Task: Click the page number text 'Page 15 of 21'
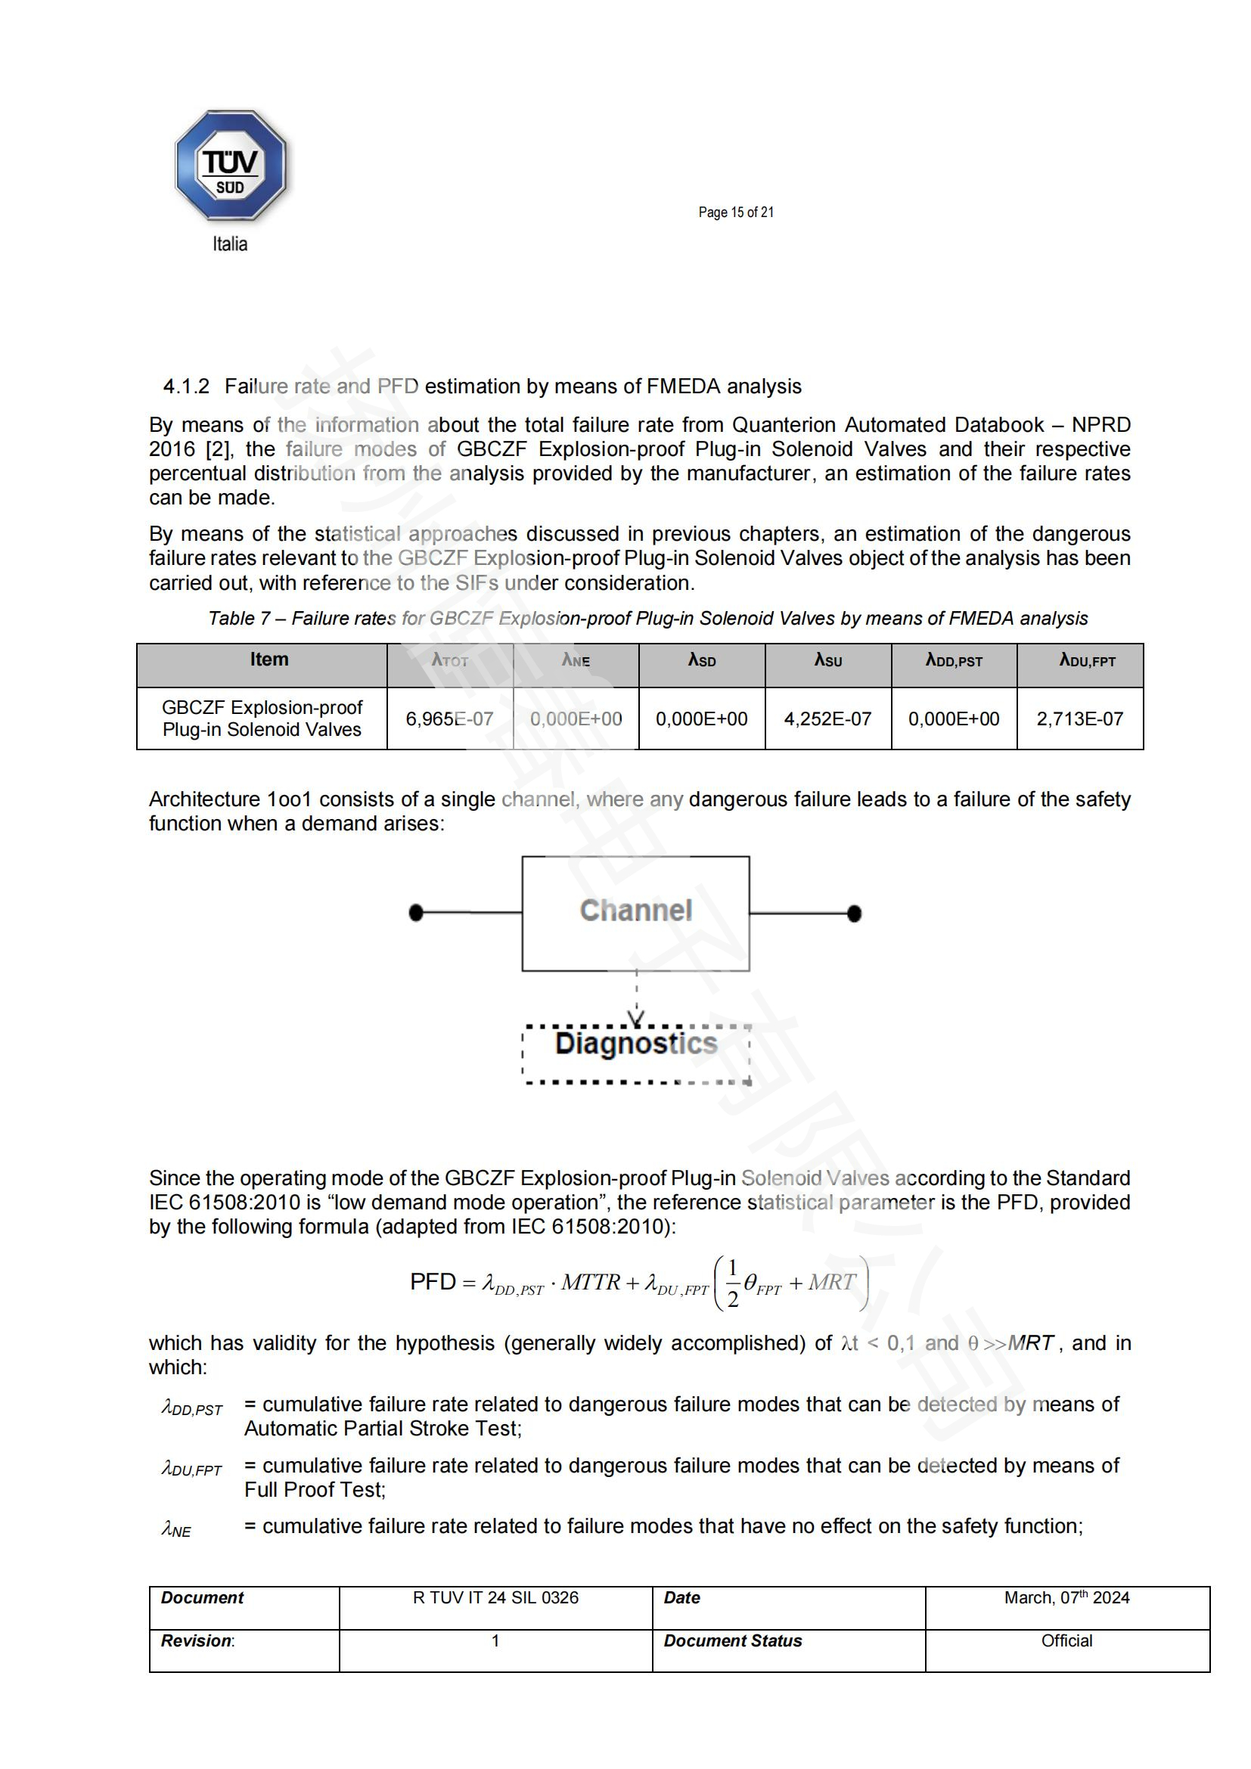pyautogui.click(x=736, y=213)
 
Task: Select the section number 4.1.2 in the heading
pyautogui.click(x=185, y=386)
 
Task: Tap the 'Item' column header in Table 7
pyautogui.click(x=269, y=659)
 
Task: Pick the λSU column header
pyautogui.click(x=828, y=660)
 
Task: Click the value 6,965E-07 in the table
pyautogui.click(x=449, y=718)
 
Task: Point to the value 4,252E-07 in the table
pyautogui.click(x=827, y=718)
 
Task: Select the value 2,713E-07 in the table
pyautogui.click(x=1079, y=718)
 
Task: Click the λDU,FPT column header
pyautogui.click(x=1087, y=660)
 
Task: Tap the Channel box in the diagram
pyautogui.click(x=635, y=912)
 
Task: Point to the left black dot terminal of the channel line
pyautogui.click(x=416, y=913)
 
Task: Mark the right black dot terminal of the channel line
pyautogui.click(x=854, y=914)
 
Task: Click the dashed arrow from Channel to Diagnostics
pyautogui.click(x=636, y=998)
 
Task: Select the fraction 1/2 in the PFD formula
pyautogui.click(x=733, y=1283)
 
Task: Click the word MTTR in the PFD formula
pyautogui.click(x=590, y=1282)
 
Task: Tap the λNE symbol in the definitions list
pyautogui.click(x=176, y=1528)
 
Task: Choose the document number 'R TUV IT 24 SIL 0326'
pyautogui.click(x=495, y=1597)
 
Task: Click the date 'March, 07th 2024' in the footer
pyautogui.click(x=1066, y=1597)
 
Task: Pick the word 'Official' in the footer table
pyautogui.click(x=1066, y=1640)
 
